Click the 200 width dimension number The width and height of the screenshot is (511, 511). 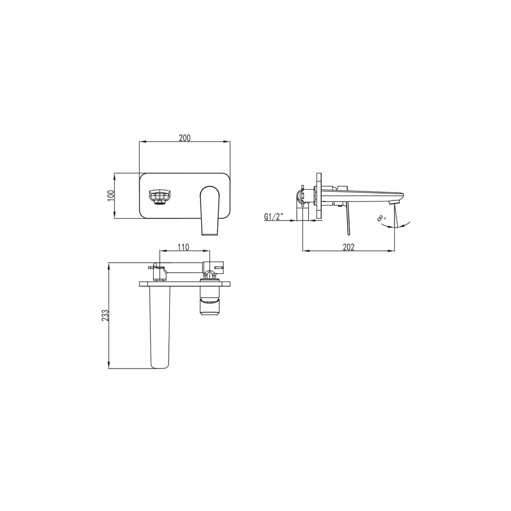(x=185, y=137)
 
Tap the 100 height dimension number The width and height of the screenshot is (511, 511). (x=111, y=195)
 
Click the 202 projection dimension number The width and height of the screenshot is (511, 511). (x=349, y=247)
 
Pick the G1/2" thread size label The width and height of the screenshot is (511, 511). (x=274, y=217)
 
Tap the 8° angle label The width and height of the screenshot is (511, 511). (x=381, y=218)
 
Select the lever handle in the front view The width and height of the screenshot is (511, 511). (x=210, y=210)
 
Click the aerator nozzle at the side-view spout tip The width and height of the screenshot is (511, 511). (x=394, y=203)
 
